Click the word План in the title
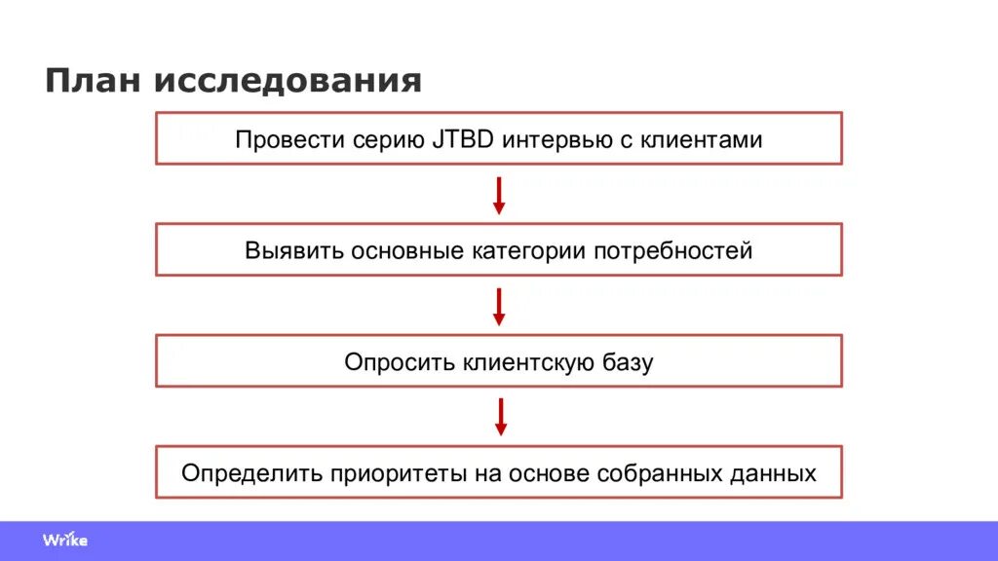[92, 80]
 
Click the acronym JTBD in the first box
[463, 139]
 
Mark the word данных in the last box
[772, 474]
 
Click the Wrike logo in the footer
[65, 540]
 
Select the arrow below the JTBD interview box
[499, 195]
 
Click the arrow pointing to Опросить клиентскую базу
[499, 306]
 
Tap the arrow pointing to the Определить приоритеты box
[500, 417]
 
